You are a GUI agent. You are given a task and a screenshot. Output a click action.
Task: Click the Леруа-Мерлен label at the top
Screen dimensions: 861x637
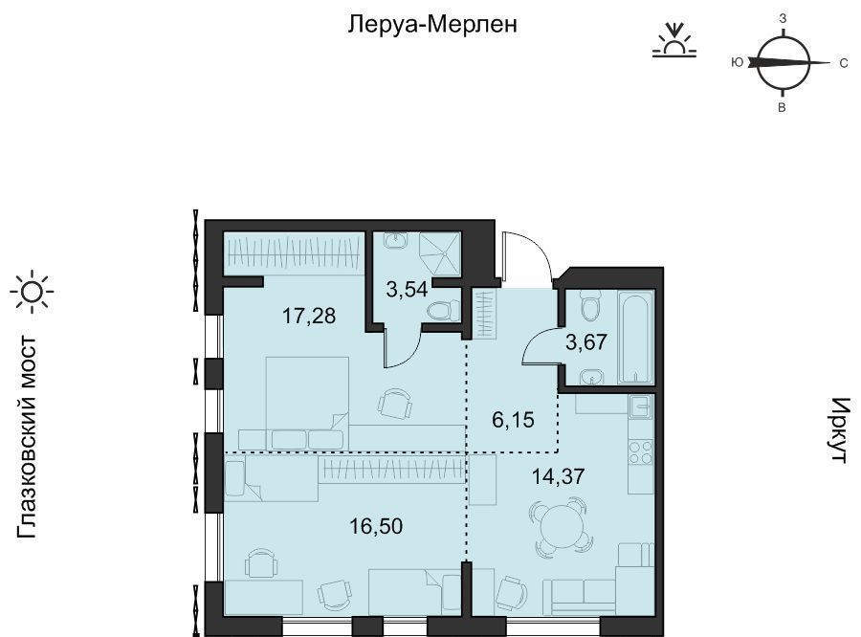pyautogui.click(x=432, y=24)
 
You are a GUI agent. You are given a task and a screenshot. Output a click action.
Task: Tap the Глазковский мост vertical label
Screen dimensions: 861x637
pyautogui.click(x=27, y=438)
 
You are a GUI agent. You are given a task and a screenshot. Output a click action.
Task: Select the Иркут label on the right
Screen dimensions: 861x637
pyautogui.click(x=840, y=430)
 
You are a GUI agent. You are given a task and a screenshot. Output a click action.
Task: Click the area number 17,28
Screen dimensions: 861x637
pyautogui.click(x=309, y=316)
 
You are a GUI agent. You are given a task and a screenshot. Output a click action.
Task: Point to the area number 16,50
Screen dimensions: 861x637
pyautogui.click(x=376, y=526)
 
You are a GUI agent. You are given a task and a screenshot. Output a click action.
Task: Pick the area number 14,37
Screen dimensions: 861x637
pyautogui.click(x=559, y=475)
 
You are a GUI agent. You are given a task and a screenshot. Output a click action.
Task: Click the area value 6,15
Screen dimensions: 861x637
pyautogui.click(x=514, y=421)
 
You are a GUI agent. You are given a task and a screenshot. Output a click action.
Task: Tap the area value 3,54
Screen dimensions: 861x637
pyautogui.click(x=407, y=289)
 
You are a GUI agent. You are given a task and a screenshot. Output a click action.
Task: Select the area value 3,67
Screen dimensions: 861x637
pyautogui.click(x=586, y=342)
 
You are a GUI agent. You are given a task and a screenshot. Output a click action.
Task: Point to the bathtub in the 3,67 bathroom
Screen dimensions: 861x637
pyautogui.click(x=636, y=338)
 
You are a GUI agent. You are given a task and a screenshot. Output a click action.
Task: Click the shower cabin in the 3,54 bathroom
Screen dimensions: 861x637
pyautogui.click(x=440, y=253)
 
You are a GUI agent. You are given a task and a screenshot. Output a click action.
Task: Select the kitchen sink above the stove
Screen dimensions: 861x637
pyautogui.click(x=641, y=406)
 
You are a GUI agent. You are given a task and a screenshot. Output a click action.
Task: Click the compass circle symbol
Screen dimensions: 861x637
pyautogui.click(x=783, y=62)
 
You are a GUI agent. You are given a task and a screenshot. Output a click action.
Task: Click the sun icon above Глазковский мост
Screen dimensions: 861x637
pyautogui.click(x=33, y=292)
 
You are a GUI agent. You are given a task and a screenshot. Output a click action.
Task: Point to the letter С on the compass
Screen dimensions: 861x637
pyautogui.click(x=844, y=64)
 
